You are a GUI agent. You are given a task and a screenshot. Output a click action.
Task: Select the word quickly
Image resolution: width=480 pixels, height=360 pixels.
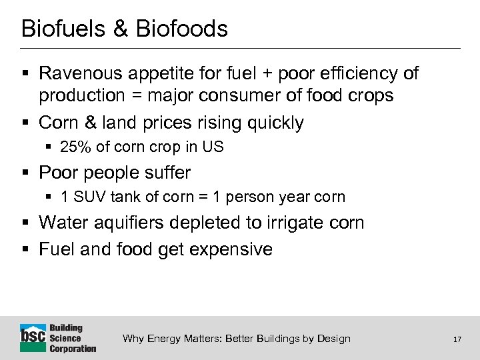(275, 123)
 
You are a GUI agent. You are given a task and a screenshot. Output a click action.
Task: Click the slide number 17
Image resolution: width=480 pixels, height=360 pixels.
(457, 339)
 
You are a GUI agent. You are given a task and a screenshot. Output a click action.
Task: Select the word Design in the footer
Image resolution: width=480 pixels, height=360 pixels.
(334, 339)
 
